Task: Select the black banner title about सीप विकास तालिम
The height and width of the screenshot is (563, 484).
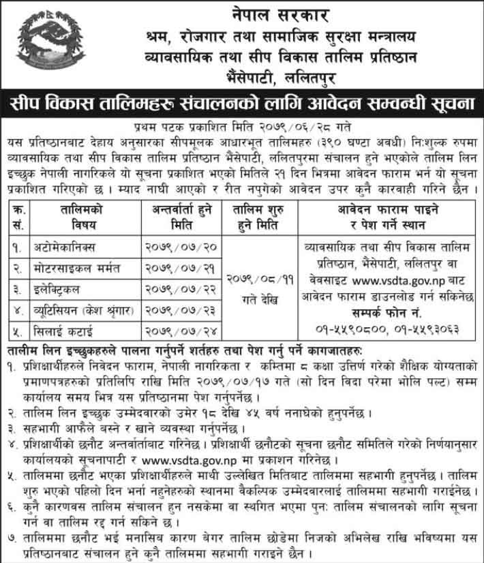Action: pos(241,105)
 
